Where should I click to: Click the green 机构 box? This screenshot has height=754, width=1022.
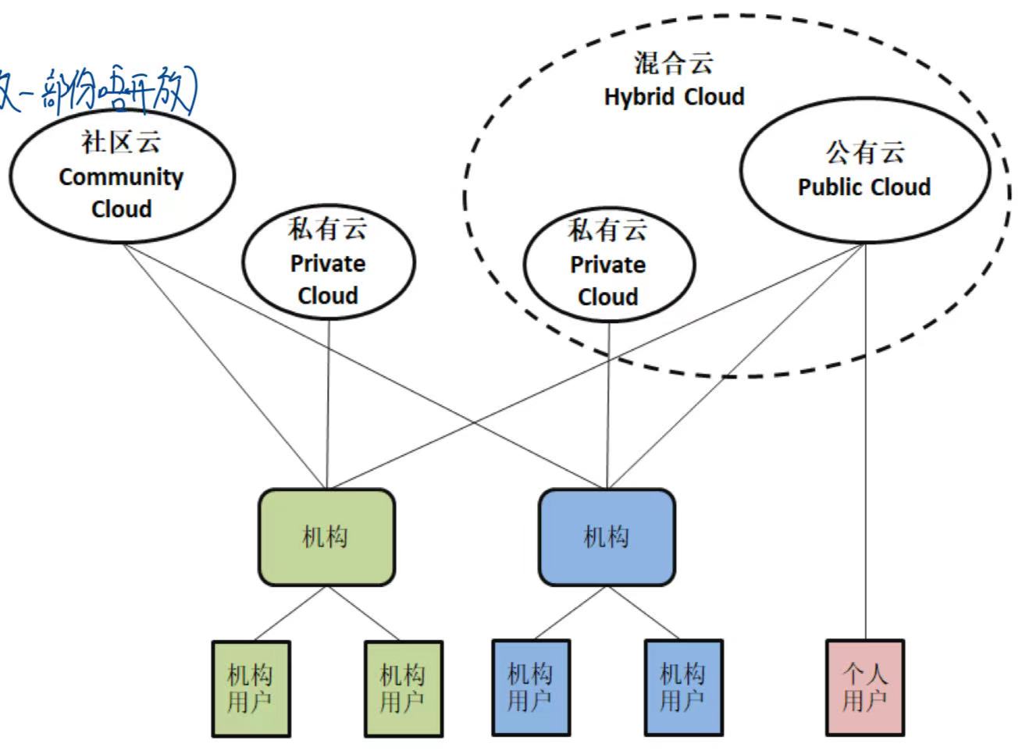click(326, 537)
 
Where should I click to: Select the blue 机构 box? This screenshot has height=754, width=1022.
click(607, 537)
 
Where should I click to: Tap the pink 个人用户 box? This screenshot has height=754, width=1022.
click(865, 688)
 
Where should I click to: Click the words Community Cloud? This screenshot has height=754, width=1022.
click(121, 193)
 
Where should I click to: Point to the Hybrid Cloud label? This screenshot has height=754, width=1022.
click(674, 97)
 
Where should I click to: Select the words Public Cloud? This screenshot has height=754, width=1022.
click(864, 187)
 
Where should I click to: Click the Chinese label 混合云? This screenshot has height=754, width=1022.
click(674, 63)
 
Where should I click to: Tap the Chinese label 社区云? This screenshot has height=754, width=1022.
click(121, 142)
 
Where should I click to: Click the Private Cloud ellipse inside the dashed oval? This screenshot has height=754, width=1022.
click(608, 264)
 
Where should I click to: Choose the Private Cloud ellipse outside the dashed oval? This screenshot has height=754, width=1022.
click(328, 262)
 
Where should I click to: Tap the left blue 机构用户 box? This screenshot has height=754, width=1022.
click(531, 688)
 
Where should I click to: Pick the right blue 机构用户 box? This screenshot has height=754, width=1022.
click(683, 688)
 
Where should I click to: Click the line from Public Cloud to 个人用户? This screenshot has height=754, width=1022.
click(865, 437)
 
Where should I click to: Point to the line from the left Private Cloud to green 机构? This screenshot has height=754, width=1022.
click(328, 406)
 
